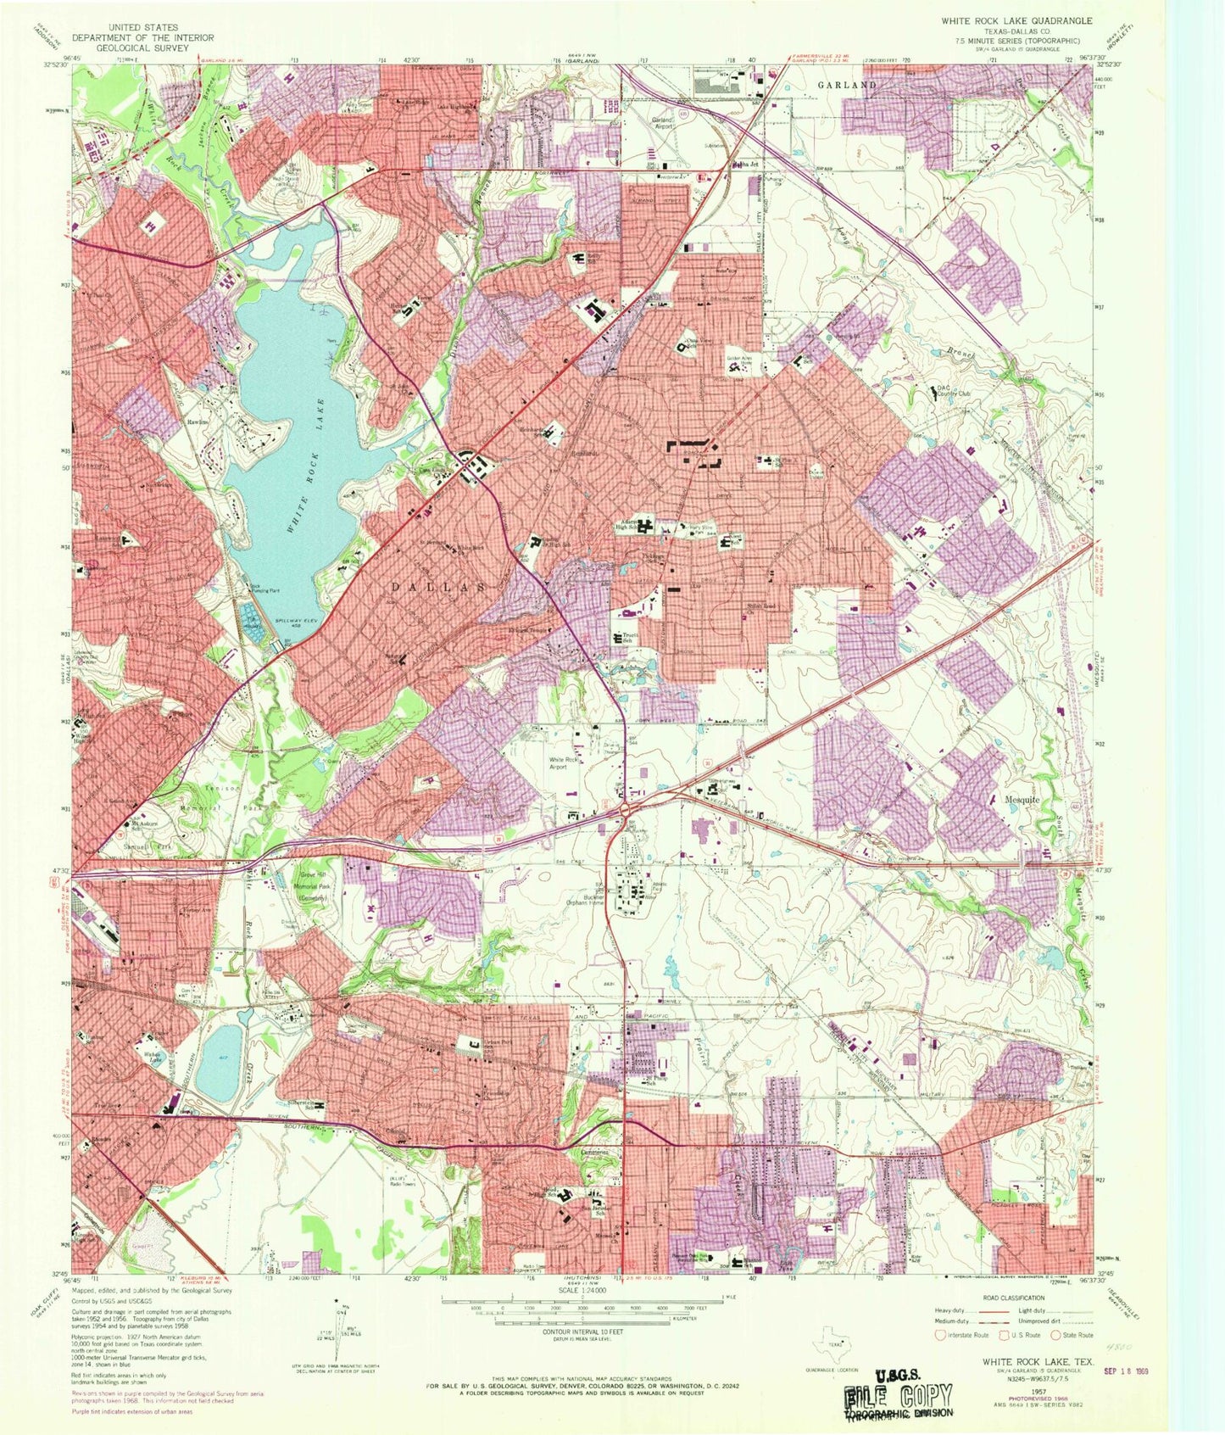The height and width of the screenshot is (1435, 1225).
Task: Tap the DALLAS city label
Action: click(x=439, y=587)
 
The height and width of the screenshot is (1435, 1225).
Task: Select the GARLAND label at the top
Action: click(x=847, y=86)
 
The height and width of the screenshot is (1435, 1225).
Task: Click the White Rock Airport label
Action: click(x=568, y=763)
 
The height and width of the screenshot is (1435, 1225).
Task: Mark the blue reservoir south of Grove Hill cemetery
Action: click(x=219, y=1060)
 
